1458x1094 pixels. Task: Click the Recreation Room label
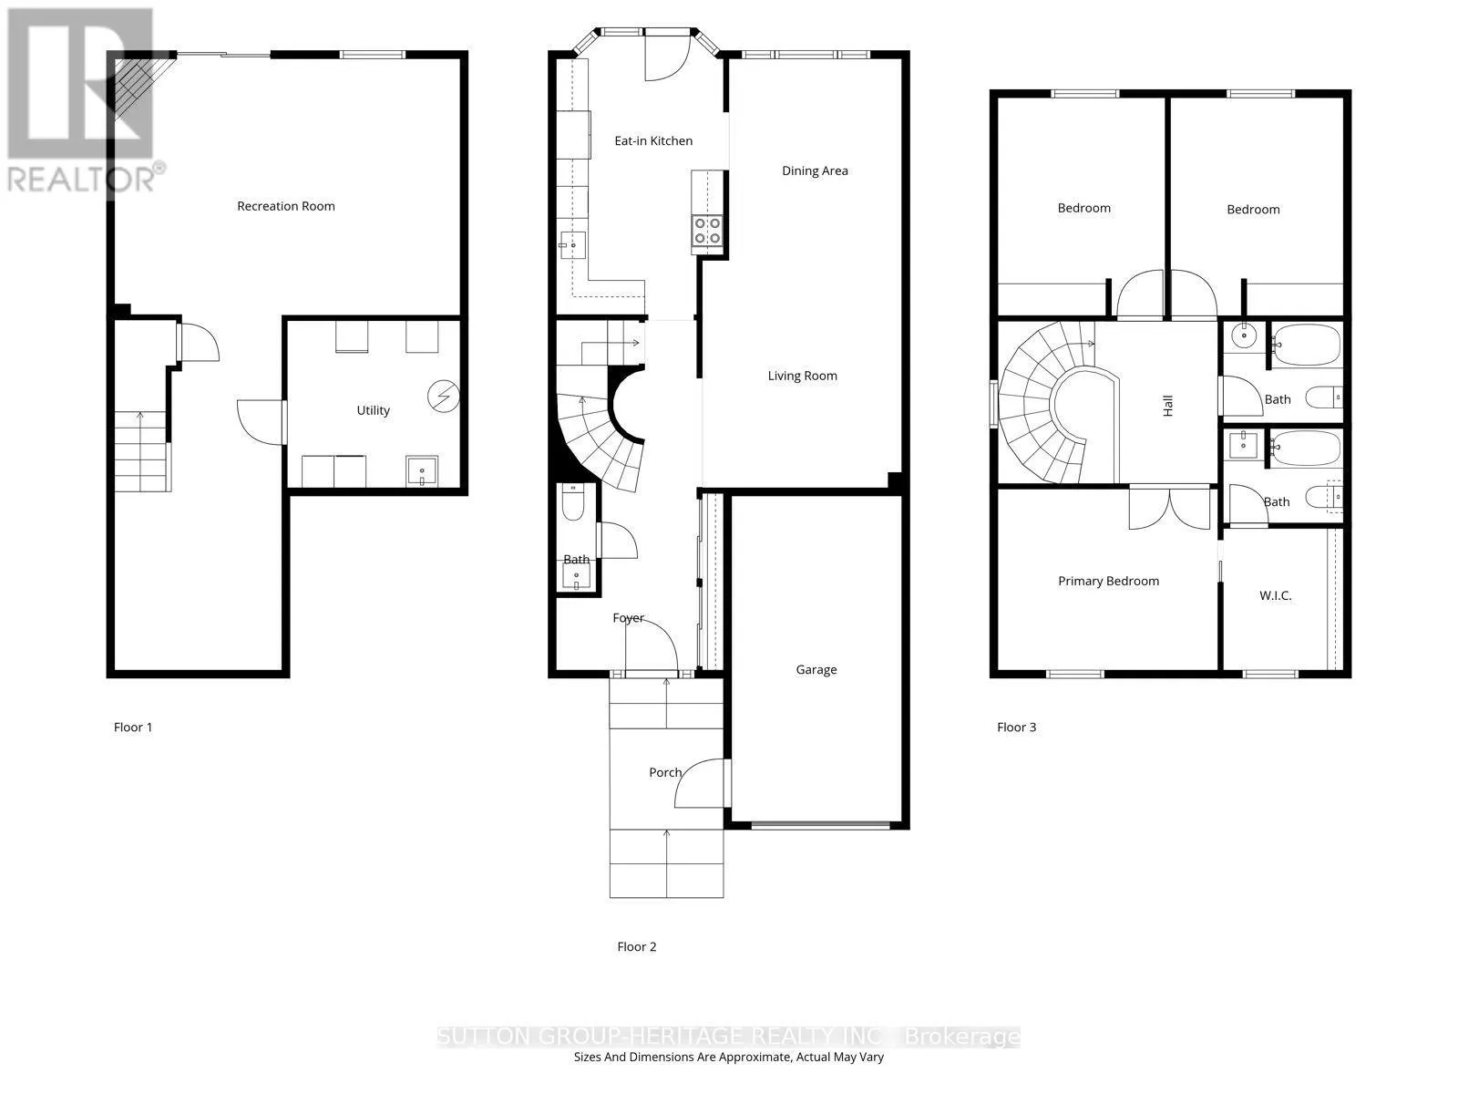click(285, 207)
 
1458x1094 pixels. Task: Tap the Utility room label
click(373, 410)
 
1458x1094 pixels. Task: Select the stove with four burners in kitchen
click(707, 231)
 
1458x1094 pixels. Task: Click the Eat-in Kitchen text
click(653, 140)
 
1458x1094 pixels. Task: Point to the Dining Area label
click(815, 170)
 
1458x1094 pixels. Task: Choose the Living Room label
click(802, 376)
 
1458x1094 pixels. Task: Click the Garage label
click(816, 669)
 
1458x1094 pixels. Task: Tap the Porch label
click(665, 772)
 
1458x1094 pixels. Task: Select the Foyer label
click(628, 618)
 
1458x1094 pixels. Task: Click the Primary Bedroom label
click(1108, 582)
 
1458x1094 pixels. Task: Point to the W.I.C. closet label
click(1275, 596)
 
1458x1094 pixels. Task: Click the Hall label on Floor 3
click(1167, 406)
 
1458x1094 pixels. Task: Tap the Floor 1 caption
click(133, 728)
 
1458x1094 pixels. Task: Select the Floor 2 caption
click(636, 946)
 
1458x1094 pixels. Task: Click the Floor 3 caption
click(1016, 728)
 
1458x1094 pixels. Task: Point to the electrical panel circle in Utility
click(443, 397)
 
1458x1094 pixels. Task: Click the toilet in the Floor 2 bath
click(572, 503)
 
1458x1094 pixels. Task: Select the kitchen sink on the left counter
click(572, 245)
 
